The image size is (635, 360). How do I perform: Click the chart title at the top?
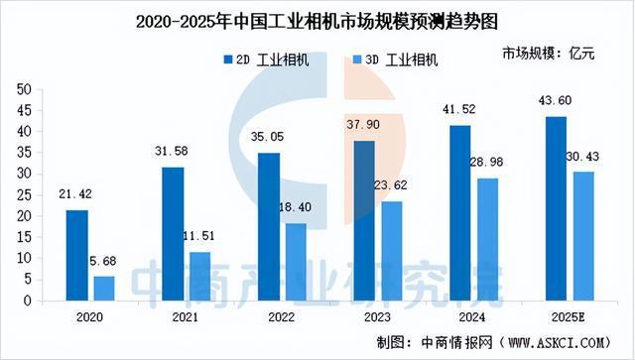point(317,17)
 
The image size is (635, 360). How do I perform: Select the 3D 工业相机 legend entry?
point(393,60)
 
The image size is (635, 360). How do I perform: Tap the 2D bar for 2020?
point(77,255)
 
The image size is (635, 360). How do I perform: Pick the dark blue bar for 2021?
point(173,234)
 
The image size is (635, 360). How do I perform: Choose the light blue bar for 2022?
point(296,262)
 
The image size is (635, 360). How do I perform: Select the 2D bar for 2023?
point(363,220)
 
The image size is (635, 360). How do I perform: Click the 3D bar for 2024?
point(486,239)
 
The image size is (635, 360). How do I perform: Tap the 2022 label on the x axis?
point(281,316)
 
